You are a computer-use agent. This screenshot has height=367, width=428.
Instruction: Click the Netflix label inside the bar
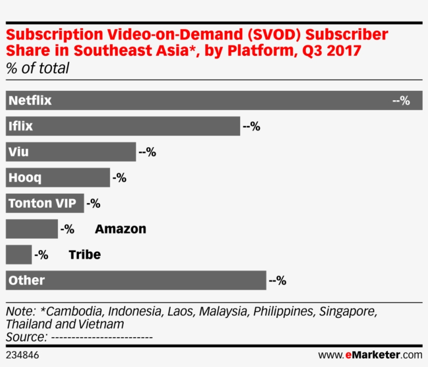30,100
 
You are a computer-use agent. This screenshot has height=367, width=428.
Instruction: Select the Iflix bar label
21,126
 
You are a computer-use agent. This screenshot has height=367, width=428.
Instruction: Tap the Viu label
19,152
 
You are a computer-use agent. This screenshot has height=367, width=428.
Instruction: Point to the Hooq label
25,177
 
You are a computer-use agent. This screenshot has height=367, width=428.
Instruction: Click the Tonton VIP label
42,203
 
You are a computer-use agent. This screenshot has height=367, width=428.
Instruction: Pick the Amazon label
121,229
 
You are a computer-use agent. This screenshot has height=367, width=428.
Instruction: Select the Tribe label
85,255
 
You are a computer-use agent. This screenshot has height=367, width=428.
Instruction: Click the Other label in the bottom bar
27,280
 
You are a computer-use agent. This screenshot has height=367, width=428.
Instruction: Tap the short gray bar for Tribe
18,255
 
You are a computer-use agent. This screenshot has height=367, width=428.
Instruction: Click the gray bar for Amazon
31,229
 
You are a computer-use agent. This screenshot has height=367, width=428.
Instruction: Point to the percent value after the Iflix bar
251,126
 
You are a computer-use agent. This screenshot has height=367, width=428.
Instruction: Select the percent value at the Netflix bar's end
401,100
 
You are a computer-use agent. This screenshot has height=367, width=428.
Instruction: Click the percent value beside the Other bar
277,281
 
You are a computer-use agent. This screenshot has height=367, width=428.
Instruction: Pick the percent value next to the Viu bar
147,152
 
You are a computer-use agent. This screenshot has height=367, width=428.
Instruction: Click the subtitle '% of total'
38,68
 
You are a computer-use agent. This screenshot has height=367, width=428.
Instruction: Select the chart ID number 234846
22,356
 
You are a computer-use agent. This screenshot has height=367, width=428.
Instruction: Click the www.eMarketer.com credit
370,356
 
